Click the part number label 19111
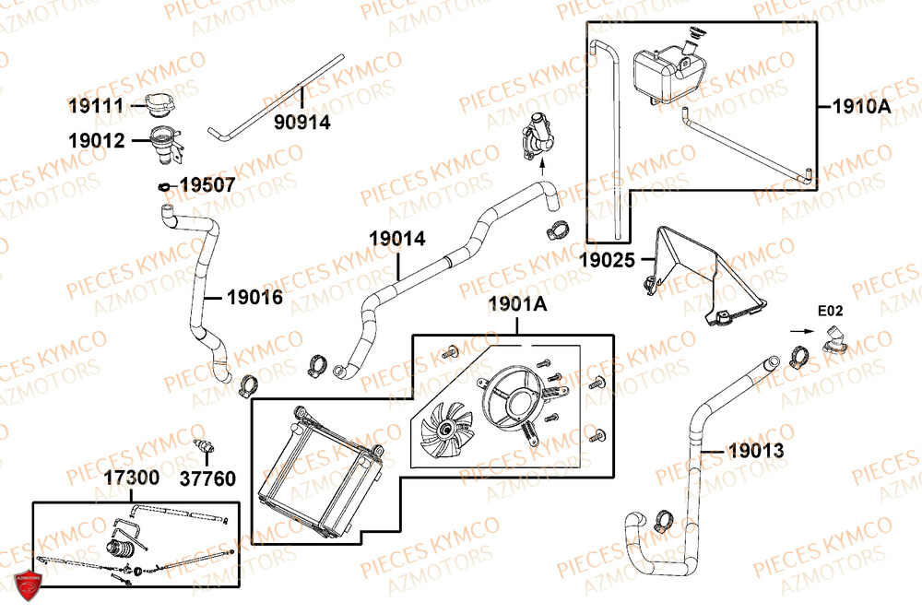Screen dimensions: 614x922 [x=95, y=106]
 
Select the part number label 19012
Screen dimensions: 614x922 [x=95, y=141]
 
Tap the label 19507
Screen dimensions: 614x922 [x=207, y=185]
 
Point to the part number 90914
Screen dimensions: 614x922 [x=301, y=121]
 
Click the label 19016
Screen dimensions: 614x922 [x=254, y=298]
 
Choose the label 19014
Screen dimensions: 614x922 [x=397, y=239]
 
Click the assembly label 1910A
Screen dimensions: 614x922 [x=862, y=107]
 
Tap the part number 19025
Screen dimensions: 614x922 [x=607, y=261]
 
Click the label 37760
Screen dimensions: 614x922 [x=207, y=478]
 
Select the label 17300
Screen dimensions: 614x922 [x=130, y=478]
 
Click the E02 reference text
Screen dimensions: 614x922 [x=830, y=310]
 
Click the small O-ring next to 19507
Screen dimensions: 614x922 [x=164, y=187]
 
